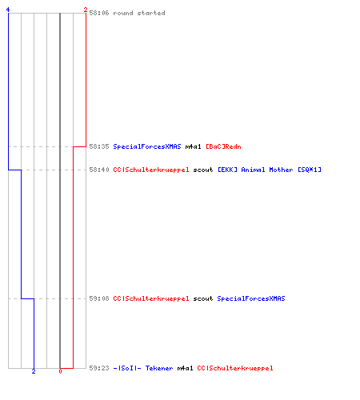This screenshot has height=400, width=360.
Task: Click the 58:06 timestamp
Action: pos(99,13)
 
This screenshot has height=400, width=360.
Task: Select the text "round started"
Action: pos(139,13)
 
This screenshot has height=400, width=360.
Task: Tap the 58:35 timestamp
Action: pos(99,146)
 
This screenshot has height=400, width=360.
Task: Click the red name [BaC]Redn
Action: pos(223,146)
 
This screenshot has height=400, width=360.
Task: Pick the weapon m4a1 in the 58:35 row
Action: pos(193,146)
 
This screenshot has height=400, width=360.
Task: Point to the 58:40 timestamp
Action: pos(99,170)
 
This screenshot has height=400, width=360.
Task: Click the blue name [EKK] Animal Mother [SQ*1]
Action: pos(270,170)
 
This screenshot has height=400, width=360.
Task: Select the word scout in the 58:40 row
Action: pos(203,170)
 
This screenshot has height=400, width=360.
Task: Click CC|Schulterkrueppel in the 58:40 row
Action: pos(151,170)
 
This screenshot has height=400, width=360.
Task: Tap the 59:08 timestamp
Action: pos(99,298)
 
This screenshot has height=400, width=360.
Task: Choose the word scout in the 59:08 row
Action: pos(203,298)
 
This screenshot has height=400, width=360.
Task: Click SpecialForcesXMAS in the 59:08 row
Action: pos(251,298)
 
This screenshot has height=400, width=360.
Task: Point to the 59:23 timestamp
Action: pos(99,368)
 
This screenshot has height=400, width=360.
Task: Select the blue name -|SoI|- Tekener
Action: pos(143,368)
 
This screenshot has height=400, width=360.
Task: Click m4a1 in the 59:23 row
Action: pos(185,368)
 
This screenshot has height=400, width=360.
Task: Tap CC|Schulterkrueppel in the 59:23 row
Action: pos(235,368)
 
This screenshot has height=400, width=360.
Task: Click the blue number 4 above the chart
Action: pos(8,10)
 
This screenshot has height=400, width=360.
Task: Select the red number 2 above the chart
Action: pos(86,10)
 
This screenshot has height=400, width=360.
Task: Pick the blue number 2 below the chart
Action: pos(34,371)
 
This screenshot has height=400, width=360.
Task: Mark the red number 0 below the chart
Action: pos(60,371)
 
